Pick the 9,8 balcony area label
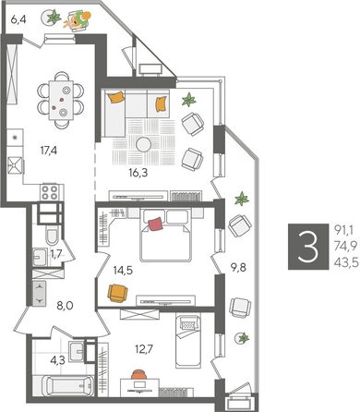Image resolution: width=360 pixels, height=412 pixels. [x=238, y=246]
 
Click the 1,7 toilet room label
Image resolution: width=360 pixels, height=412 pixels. [x=55, y=253]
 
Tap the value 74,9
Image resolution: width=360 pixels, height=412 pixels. [x=344, y=247]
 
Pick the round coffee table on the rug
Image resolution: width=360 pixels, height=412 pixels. [x=146, y=144]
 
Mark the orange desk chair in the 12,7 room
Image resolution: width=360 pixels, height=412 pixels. [x=139, y=373]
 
